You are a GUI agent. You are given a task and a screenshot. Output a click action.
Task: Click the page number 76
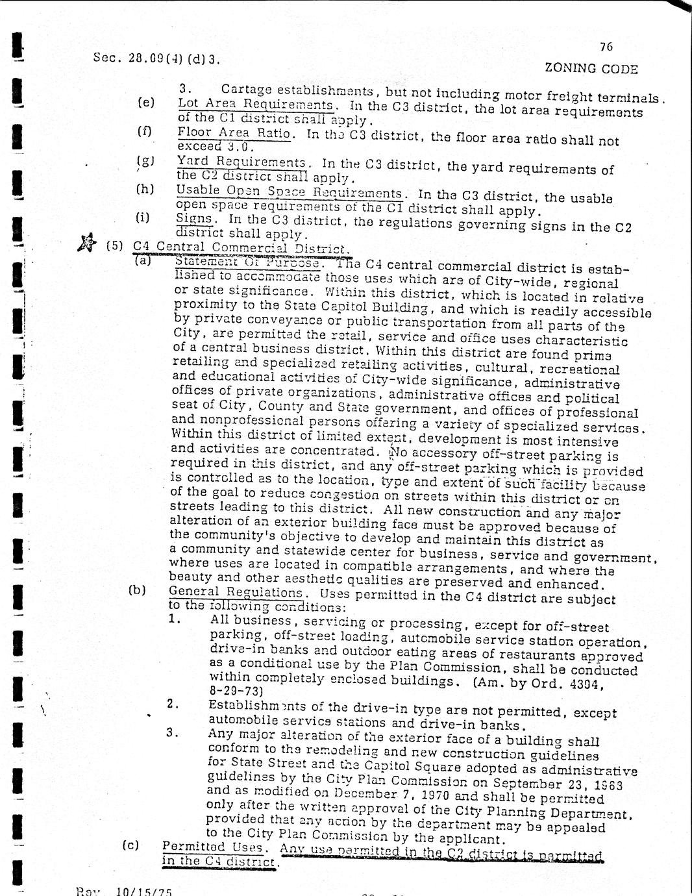pos(606,47)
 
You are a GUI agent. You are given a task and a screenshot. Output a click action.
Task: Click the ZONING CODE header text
pos(591,68)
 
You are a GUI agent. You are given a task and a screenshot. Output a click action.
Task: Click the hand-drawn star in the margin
pos(84,244)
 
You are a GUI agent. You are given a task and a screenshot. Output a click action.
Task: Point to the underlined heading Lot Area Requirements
pos(256,105)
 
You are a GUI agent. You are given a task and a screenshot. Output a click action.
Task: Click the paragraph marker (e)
pos(147,103)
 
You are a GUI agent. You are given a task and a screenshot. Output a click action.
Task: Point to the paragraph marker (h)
pos(145,189)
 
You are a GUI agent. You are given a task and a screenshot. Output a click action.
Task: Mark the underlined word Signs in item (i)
pos(188,219)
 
